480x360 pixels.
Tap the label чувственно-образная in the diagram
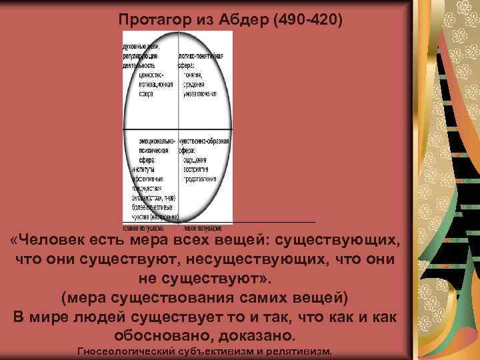click(x=204, y=141)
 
